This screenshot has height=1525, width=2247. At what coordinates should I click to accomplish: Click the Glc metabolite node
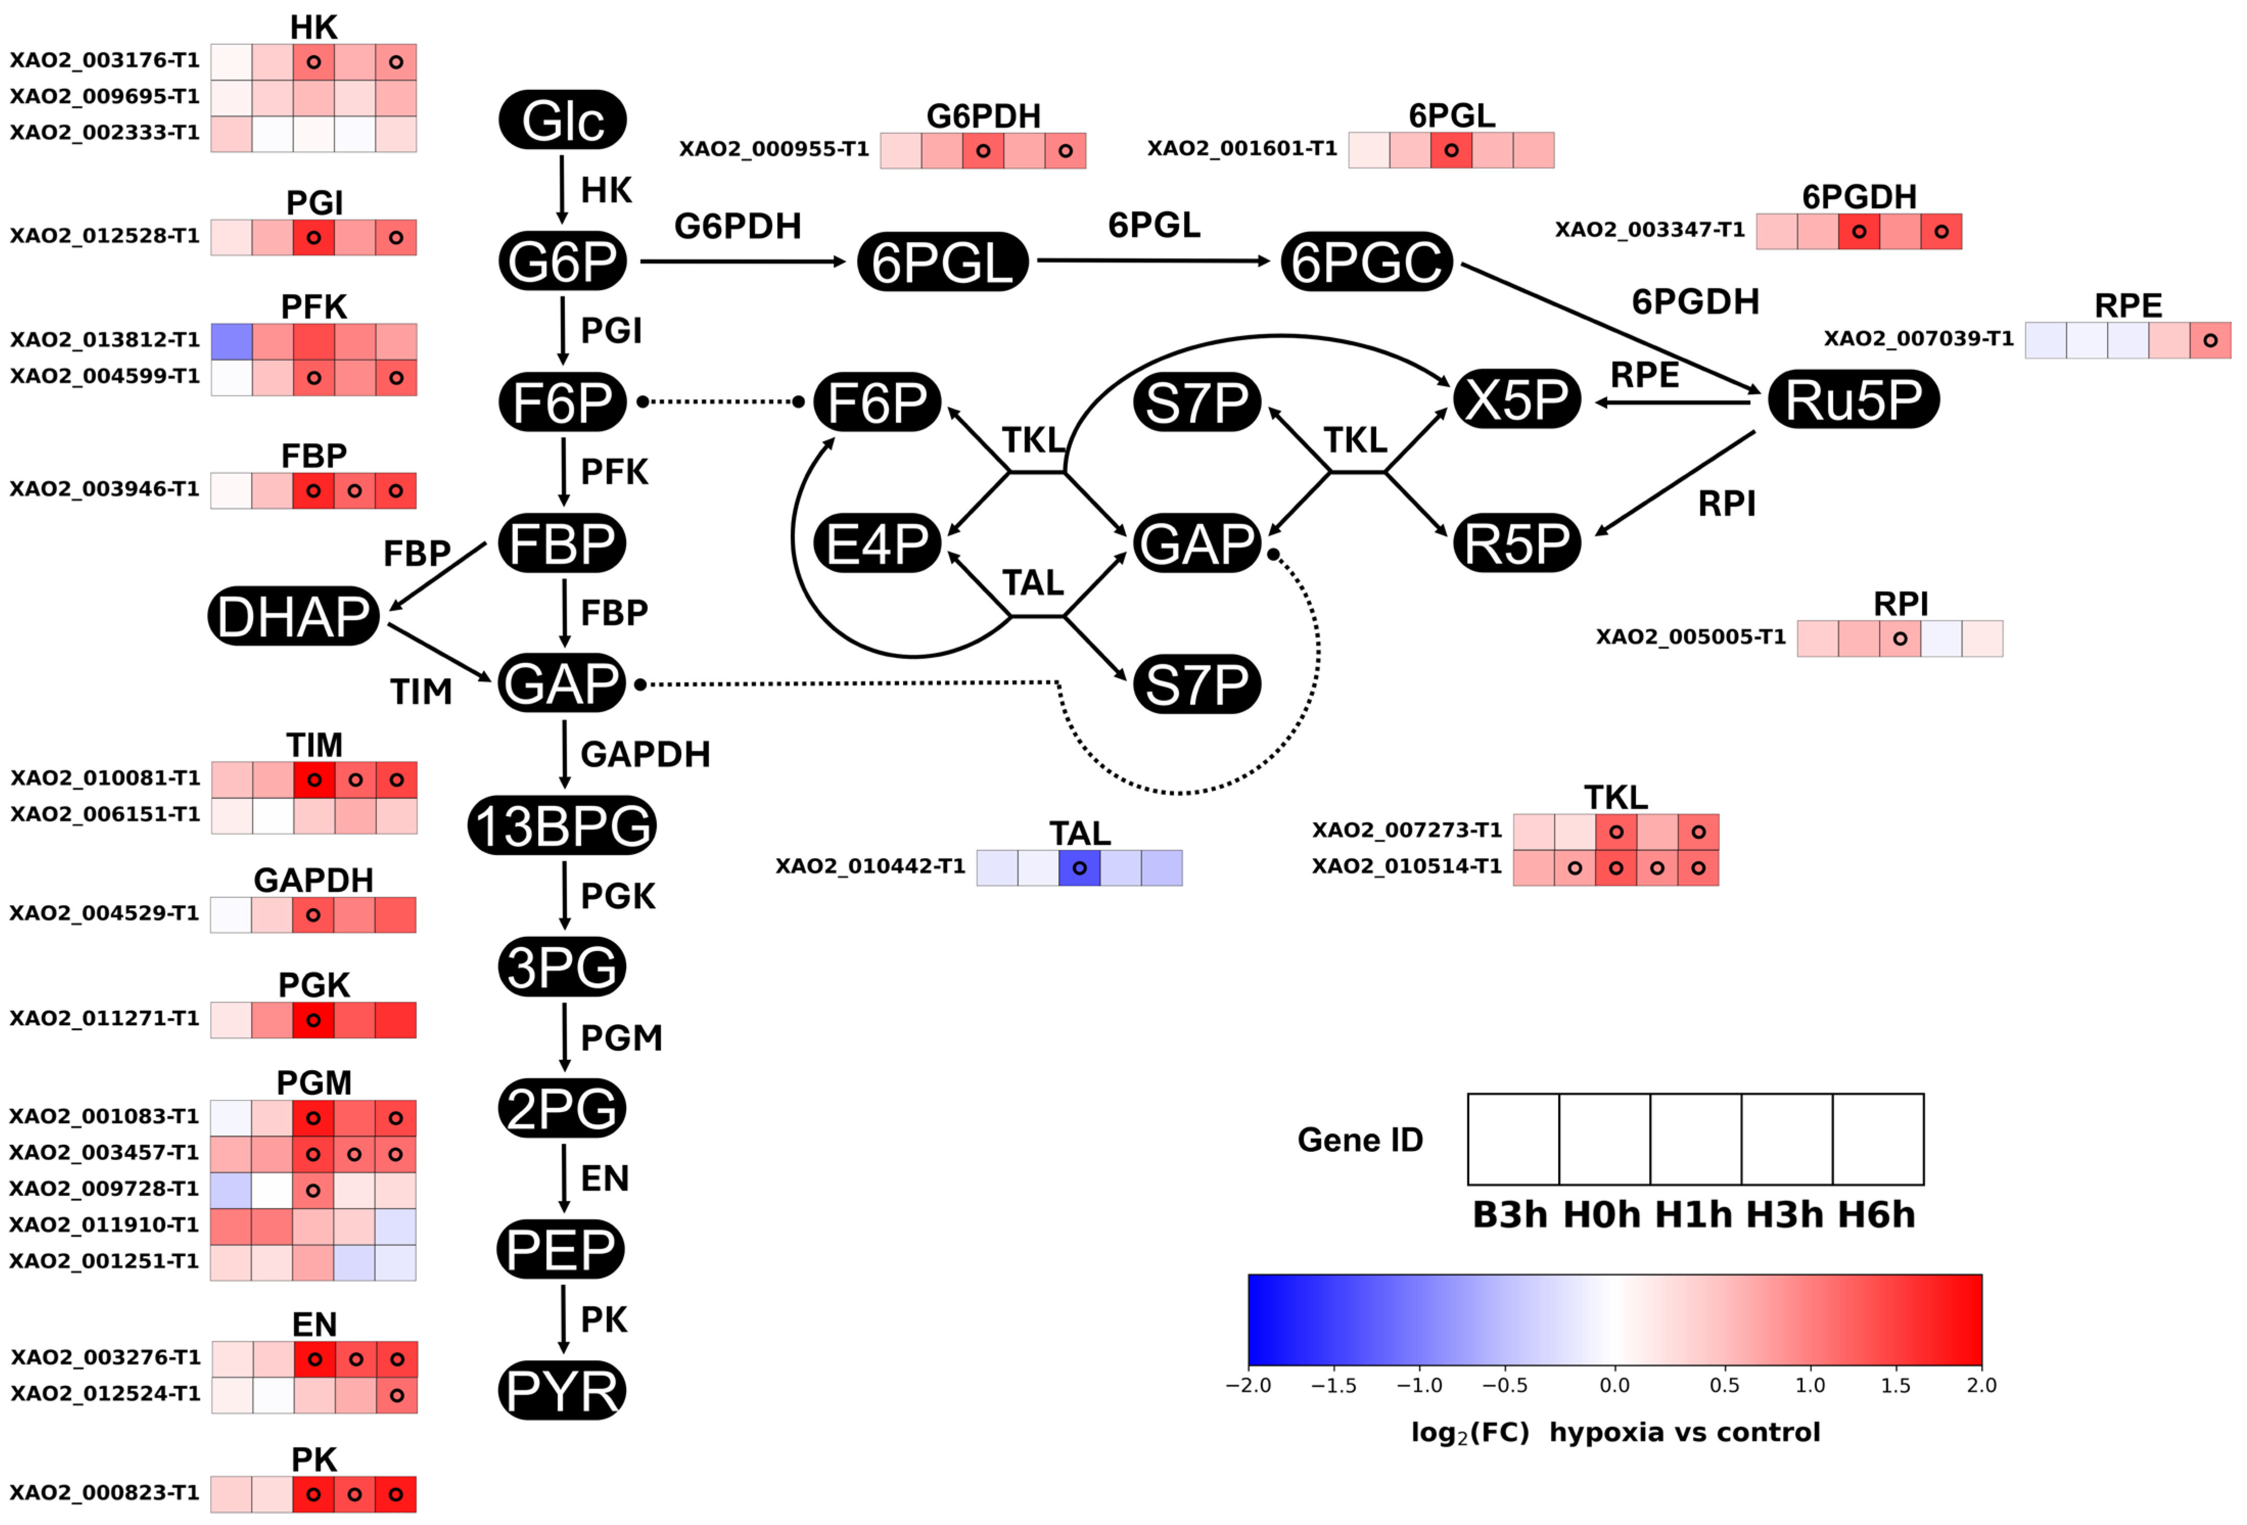563,120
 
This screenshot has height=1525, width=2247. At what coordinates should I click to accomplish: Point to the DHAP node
293,616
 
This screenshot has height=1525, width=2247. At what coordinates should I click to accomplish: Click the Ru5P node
1854,399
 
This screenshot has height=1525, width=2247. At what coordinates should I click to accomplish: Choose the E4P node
877,543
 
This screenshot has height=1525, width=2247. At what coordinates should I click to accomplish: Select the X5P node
1517,399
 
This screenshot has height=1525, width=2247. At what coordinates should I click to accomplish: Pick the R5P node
1517,543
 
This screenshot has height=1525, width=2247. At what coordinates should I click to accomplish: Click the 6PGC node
1366,261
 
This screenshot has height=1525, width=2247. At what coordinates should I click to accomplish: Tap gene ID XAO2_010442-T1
870,866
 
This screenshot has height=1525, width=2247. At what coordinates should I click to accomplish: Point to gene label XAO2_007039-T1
1918,338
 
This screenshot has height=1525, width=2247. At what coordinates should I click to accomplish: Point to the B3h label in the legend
1509,1215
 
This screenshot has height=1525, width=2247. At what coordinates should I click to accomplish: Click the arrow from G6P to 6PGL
743,261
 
